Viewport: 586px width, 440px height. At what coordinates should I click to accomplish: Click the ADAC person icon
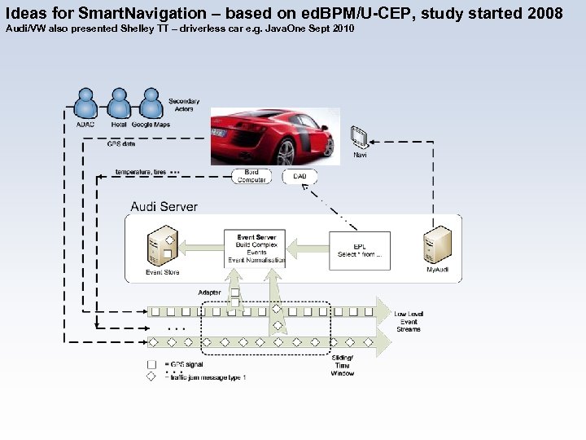(x=85, y=103)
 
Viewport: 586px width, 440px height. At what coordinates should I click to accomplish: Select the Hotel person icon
(x=119, y=103)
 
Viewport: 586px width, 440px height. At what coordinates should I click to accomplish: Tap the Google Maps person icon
(x=151, y=103)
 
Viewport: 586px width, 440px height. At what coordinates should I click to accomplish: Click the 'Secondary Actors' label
(x=184, y=105)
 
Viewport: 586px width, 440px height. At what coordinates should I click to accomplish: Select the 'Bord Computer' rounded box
(x=251, y=176)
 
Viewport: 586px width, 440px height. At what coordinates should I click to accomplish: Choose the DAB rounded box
(x=300, y=176)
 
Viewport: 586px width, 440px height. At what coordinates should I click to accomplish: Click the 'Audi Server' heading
(x=164, y=206)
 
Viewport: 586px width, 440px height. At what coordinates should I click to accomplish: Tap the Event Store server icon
(x=161, y=247)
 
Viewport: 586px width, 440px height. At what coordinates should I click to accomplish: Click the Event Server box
(x=256, y=249)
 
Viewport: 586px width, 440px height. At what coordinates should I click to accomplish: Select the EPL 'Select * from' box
(x=359, y=249)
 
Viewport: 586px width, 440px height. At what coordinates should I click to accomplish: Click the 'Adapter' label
(x=209, y=293)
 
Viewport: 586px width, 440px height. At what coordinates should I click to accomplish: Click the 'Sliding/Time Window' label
(x=343, y=365)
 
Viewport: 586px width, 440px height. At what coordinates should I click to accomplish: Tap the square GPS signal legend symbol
(x=151, y=364)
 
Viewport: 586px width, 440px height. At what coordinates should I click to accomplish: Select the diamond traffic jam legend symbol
(x=151, y=377)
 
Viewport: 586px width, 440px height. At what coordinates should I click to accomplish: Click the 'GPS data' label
(x=121, y=143)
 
